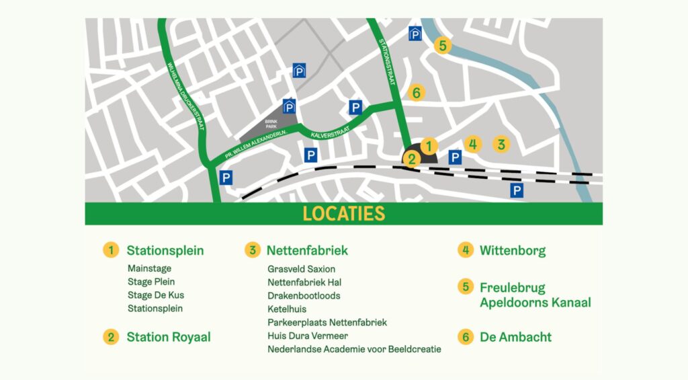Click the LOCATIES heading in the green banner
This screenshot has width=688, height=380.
pos(343,214)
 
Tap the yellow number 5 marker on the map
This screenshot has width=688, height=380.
pos(441,46)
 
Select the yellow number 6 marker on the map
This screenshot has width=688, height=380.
pos(416,93)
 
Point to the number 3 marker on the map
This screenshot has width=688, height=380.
pos(500,144)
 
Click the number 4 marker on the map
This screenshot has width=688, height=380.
pos(473,144)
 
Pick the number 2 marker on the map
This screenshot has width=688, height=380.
pos(411,159)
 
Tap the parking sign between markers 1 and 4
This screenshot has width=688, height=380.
pos(455,157)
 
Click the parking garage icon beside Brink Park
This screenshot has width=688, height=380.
pos(289,106)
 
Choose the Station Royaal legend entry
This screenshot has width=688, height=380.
pos(168,337)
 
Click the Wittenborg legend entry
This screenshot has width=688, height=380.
pos(512,251)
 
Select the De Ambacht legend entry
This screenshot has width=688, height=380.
pos(515,337)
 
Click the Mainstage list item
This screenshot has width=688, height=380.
pos(149,268)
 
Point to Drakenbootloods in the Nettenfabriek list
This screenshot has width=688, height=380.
pos(304,296)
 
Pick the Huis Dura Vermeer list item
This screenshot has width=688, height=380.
pos(308,336)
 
